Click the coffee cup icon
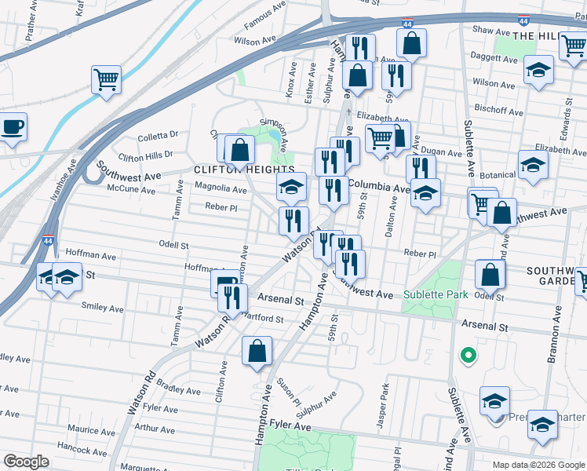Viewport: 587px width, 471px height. (12, 127)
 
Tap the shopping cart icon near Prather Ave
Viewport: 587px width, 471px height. (106, 79)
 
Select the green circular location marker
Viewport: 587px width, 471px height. (468, 356)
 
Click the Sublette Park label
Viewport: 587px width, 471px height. (436, 295)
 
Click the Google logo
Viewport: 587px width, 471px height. (27, 461)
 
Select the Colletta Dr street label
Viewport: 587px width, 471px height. (158, 136)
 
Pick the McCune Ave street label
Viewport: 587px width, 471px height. (132, 190)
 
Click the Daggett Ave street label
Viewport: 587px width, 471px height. (497, 57)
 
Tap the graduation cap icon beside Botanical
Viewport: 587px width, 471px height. (533, 166)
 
